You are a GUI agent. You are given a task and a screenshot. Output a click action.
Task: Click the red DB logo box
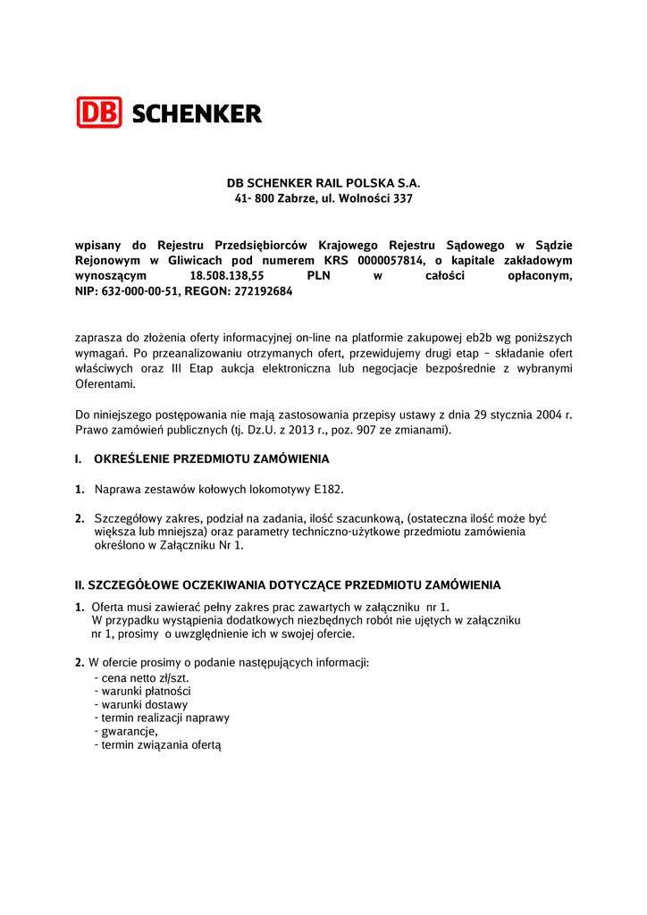(x=99, y=113)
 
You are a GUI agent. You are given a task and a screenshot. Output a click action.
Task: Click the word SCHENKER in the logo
(x=197, y=113)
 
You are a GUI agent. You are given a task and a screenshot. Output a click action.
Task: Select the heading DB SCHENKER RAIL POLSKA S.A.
(x=323, y=182)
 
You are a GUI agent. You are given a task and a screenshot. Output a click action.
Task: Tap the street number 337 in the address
(x=403, y=198)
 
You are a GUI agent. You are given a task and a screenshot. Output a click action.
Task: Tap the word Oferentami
(x=105, y=383)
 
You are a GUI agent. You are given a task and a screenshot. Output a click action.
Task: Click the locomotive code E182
(x=328, y=489)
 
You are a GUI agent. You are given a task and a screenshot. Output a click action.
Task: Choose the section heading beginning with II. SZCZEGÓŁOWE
(x=287, y=585)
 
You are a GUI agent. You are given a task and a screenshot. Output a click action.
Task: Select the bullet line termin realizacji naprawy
(x=162, y=718)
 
